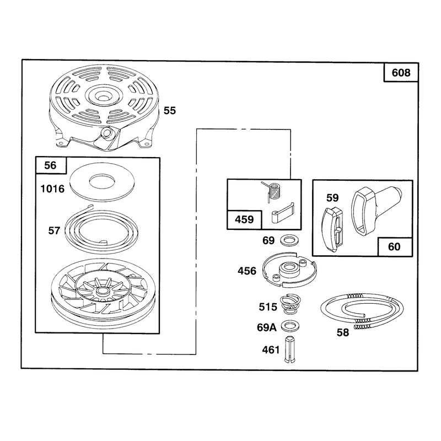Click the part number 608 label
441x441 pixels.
point(401,73)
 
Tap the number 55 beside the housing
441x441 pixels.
point(170,111)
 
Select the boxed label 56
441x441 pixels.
point(50,165)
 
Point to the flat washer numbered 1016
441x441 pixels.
point(102,182)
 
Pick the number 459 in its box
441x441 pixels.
point(244,219)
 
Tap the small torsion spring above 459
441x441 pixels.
point(272,192)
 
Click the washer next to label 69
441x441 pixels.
point(290,240)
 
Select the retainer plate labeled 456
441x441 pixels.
point(289,270)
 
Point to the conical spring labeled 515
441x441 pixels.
point(291,305)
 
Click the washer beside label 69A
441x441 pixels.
point(290,326)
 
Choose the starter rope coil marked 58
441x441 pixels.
point(362,311)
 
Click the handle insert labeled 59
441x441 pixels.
point(334,229)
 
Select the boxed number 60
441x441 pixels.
point(394,246)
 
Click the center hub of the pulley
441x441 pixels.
point(103,292)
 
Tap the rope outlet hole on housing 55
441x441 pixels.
point(107,132)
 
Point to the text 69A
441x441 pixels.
point(267,327)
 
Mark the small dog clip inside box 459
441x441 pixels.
point(282,212)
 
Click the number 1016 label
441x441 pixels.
point(52,189)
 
